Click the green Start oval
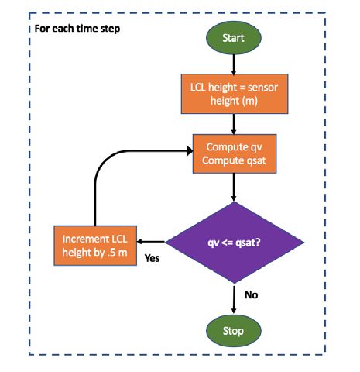[234, 38]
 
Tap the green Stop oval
[234, 331]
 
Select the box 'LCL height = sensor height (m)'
[235, 94]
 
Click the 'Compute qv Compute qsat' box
[235, 153]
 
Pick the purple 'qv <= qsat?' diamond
[235, 243]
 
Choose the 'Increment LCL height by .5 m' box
[95, 246]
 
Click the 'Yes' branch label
[152, 258]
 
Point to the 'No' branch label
[251, 294]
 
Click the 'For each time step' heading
[77, 29]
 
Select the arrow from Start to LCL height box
[234, 64]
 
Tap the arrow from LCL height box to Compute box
[234, 124]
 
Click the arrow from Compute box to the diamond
[234, 188]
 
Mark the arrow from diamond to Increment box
[151, 242]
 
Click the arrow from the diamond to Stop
[234, 299]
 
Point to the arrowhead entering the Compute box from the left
[190, 151]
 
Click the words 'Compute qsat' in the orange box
[234, 160]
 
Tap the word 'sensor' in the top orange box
[262, 88]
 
